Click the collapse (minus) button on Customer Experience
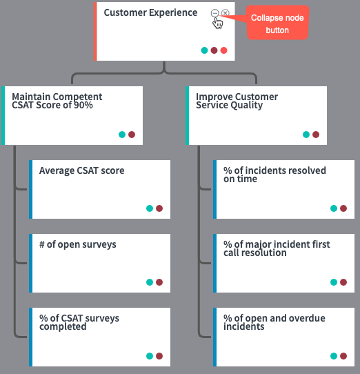214,13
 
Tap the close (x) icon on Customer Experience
226,13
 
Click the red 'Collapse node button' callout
277,22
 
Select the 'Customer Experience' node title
150,12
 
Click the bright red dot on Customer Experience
224,50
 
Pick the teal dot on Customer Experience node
204,50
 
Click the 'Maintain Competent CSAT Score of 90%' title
57,101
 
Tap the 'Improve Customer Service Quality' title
237,101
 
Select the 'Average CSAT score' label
81,170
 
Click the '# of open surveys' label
78,244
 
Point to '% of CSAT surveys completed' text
79,322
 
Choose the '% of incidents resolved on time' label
274,175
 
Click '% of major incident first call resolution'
277,248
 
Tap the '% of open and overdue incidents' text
274,322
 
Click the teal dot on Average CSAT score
150,208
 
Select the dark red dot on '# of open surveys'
159,282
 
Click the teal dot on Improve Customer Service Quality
306,135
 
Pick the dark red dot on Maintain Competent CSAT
132,135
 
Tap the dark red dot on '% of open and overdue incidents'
343,356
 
